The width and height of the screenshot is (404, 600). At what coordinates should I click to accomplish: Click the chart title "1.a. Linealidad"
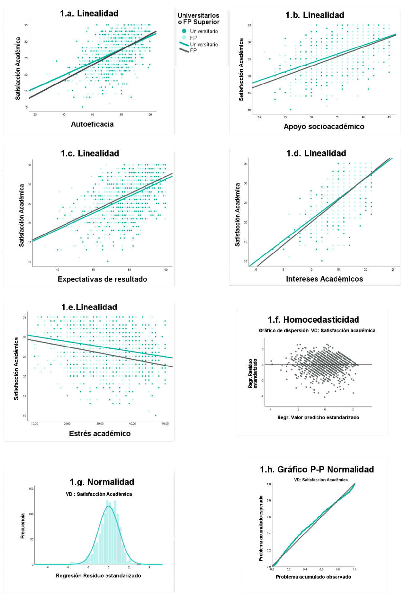click(89, 14)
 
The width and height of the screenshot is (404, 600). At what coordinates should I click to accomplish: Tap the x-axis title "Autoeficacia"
click(92, 124)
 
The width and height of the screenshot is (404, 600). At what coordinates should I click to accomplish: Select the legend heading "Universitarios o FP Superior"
click(198, 19)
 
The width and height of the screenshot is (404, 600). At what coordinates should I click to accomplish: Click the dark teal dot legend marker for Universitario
click(184, 31)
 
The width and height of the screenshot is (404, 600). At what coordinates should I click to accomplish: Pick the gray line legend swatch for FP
click(184, 50)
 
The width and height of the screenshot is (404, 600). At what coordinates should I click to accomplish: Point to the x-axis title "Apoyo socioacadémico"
click(324, 127)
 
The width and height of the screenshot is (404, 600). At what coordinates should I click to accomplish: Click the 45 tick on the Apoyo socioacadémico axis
click(389, 117)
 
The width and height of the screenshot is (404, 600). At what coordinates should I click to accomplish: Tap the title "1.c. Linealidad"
click(89, 153)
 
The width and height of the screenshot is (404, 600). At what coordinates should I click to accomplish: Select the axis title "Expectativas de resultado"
click(102, 279)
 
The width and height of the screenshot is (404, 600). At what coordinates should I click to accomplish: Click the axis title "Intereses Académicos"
click(324, 279)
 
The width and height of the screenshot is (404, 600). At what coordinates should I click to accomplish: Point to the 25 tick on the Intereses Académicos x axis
click(393, 270)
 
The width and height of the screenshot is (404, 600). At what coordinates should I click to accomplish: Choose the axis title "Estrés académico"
click(100, 434)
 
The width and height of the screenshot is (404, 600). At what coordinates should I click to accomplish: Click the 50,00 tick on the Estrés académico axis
click(165, 424)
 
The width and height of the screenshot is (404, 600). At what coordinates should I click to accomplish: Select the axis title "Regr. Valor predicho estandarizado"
click(318, 418)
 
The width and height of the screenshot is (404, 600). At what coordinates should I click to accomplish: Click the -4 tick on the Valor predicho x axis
click(270, 410)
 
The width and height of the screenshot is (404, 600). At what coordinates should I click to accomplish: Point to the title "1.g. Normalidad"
click(102, 482)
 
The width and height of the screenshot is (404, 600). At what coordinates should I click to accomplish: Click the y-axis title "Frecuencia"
click(23, 526)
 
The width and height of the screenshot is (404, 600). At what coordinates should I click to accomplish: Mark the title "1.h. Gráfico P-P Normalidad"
click(317, 470)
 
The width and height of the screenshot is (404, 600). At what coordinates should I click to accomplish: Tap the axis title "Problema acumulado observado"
click(313, 586)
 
